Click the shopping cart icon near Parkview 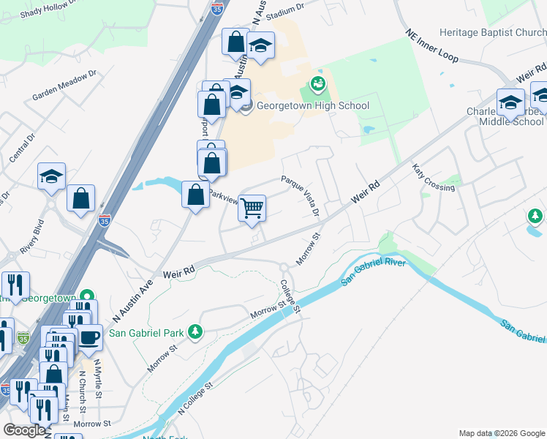pos(252,208)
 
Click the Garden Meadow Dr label pos(65,86)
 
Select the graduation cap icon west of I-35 pos(51,176)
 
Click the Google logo pos(25,430)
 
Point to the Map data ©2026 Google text pos(502,433)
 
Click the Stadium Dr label pos(285,11)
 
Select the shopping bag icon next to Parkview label pos(195,195)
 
